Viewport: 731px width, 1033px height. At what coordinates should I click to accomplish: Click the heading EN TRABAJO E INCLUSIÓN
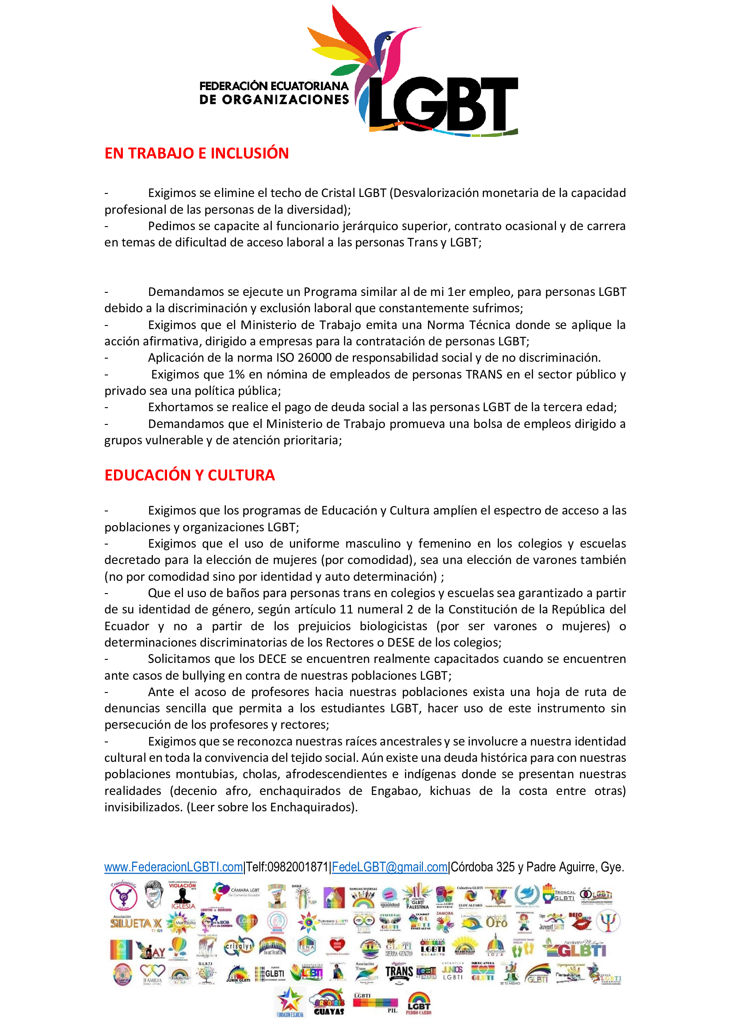[x=196, y=153]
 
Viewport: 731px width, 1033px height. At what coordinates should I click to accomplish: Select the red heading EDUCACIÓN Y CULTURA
[x=190, y=475]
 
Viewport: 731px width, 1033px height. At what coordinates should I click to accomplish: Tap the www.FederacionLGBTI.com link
[x=173, y=867]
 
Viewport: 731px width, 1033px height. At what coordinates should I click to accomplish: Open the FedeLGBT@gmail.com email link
[x=389, y=867]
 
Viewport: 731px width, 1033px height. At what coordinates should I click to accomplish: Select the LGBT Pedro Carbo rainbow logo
[x=418, y=1003]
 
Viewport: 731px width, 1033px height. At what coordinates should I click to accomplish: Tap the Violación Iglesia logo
[x=182, y=895]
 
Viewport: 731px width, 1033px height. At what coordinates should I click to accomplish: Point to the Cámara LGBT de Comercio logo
[x=236, y=892]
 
